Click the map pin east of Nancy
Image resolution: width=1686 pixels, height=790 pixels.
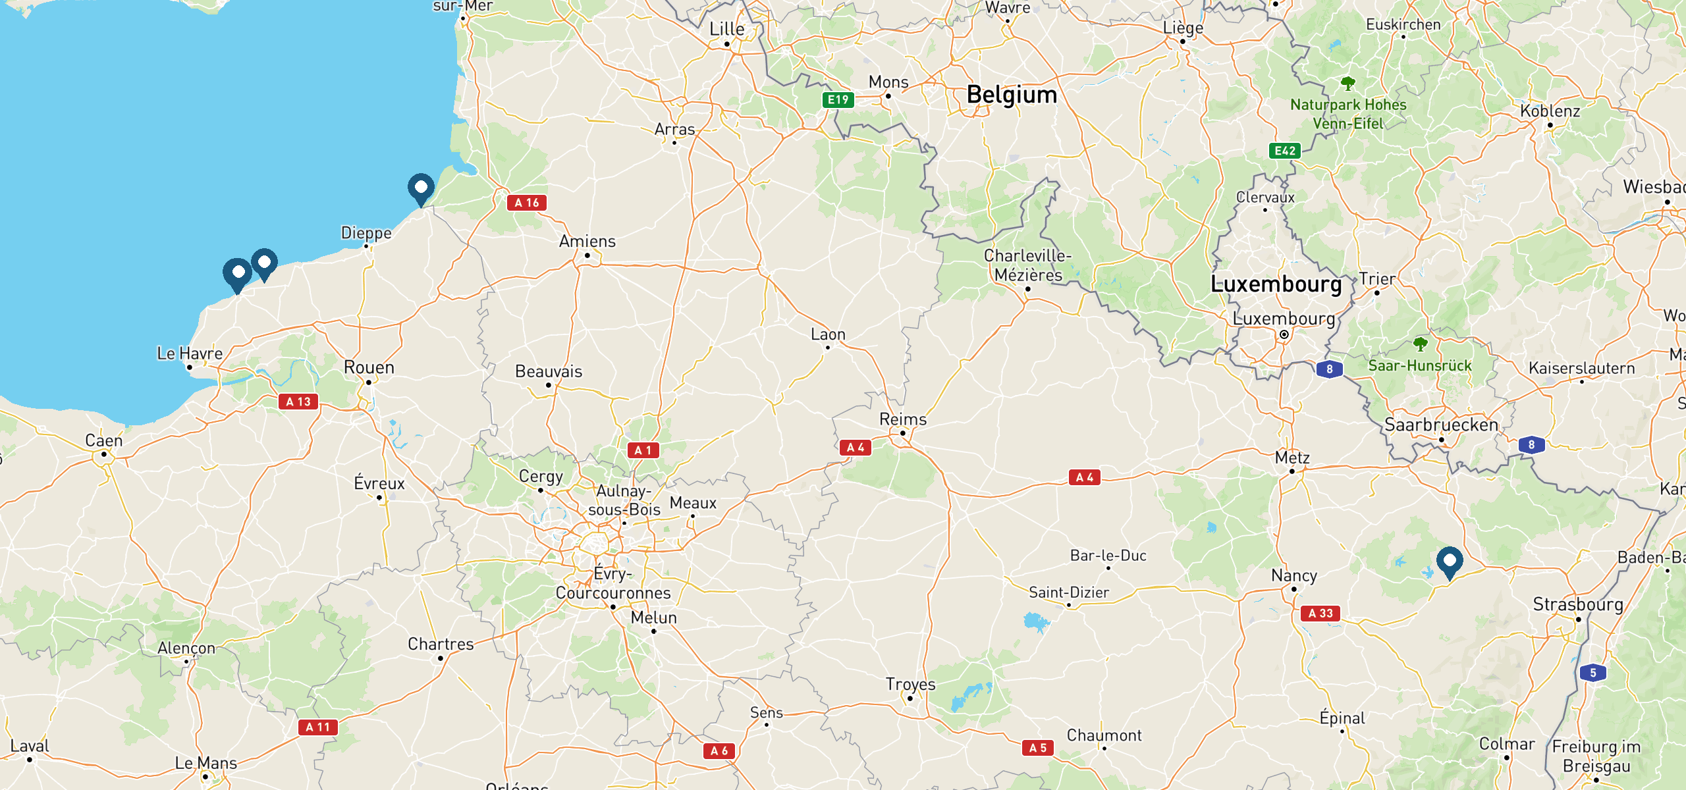[x=1449, y=562]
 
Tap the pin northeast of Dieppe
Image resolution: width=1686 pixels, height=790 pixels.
[x=421, y=188]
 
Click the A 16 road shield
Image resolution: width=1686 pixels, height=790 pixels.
[x=526, y=203]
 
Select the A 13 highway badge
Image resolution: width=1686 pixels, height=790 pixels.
[x=298, y=402]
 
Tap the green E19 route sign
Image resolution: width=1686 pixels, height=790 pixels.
[x=838, y=100]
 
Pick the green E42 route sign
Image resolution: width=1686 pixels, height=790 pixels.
[x=1284, y=151]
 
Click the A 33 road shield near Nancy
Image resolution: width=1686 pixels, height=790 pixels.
[x=1320, y=614]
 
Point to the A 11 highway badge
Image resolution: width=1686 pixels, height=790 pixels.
[x=317, y=727]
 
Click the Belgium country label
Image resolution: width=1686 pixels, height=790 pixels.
[x=1012, y=95]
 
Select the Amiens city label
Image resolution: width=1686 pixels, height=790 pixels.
[x=587, y=242]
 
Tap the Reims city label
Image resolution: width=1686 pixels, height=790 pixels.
[x=902, y=419]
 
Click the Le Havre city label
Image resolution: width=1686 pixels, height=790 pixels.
[x=190, y=354]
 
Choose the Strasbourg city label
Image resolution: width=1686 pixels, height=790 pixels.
[x=1578, y=604]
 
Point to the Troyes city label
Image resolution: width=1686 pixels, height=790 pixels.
[x=910, y=684]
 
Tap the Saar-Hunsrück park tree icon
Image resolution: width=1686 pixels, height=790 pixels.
[x=1420, y=344]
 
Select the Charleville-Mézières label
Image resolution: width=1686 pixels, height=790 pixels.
[x=1027, y=265]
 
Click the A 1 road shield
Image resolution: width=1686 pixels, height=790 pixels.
[x=643, y=450]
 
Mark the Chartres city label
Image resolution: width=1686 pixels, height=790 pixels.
[x=441, y=644]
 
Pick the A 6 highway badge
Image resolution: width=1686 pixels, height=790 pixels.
[x=719, y=750]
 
